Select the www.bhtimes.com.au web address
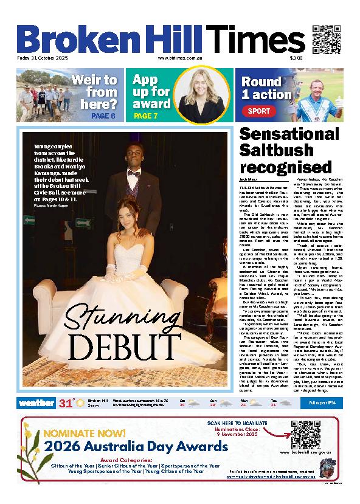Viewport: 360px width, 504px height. coord(179,58)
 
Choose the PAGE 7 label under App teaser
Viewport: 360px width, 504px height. coord(145,116)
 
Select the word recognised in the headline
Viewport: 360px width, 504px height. coord(284,167)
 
